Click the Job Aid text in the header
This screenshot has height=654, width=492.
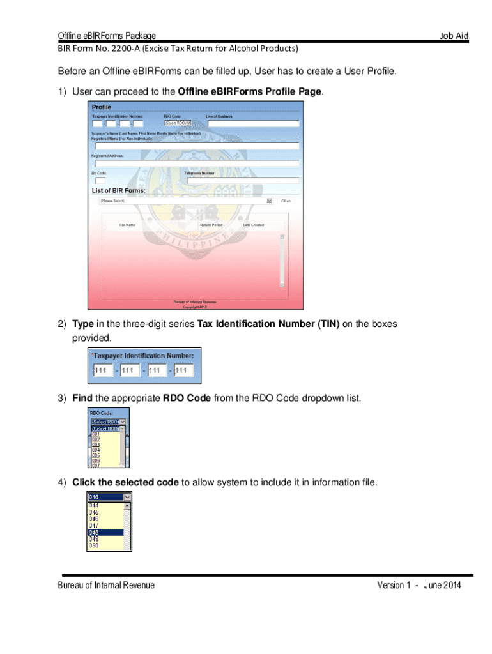[x=454, y=36]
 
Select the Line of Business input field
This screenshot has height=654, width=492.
[x=252, y=123]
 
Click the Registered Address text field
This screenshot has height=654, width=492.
[x=197, y=163]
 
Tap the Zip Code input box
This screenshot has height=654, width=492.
[x=100, y=181]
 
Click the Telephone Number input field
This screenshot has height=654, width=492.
[x=241, y=181]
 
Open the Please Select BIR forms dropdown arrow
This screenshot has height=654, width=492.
[x=269, y=201]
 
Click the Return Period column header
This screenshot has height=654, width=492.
[x=211, y=225]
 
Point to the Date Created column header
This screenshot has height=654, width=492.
[x=253, y=225]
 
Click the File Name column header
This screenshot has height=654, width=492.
[x=127, y=225]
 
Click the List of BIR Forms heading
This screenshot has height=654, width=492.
[x=119, y=190]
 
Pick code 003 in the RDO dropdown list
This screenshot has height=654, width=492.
[x=96, y=444]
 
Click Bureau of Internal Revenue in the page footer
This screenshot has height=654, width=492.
[x=106, y=585]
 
